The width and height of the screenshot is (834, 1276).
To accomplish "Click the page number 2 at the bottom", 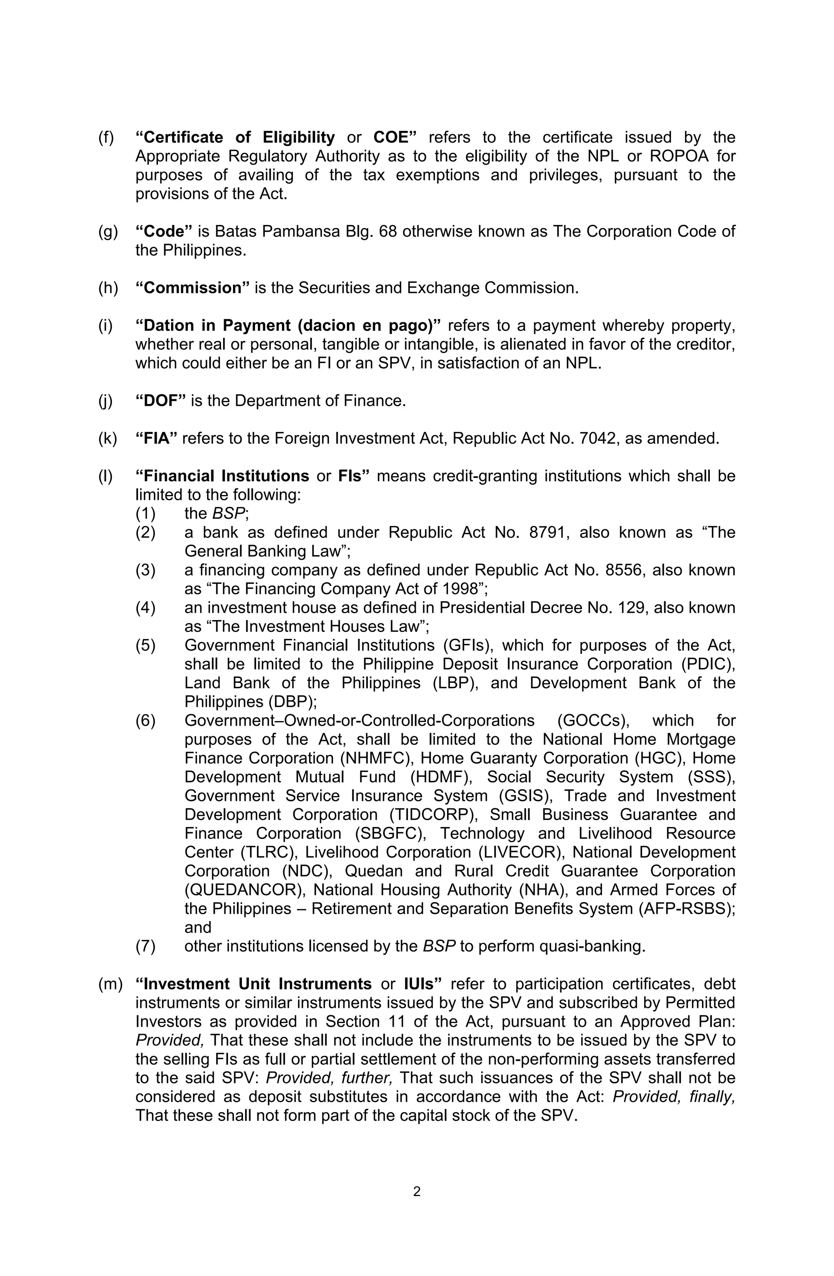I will (x=417, y=1191).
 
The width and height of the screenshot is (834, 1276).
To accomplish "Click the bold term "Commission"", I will (x=193, y=288).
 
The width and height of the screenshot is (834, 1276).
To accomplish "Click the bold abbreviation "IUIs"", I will (x=422, y=984).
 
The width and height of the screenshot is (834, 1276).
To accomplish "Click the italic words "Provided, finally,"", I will (x=673, y=1096).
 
